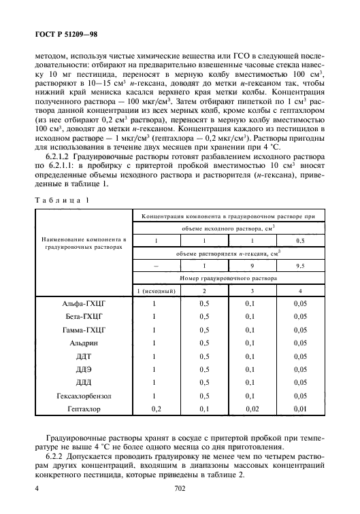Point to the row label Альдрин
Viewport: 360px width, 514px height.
(84, 343)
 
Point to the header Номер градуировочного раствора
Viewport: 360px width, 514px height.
(228, 278)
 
